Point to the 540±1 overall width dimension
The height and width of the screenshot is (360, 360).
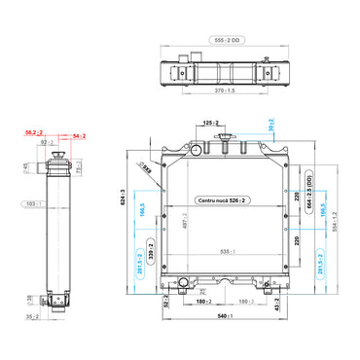tap(226, 316)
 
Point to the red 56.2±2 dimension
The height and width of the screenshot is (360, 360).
tap(32, 131)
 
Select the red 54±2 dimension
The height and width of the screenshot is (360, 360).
tap(79, 137)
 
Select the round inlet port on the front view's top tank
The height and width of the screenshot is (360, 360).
tap(194, 151)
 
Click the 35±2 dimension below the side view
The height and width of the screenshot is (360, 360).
tap(32, 316)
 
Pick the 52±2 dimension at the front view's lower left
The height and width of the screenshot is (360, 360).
tap(168, 305)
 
